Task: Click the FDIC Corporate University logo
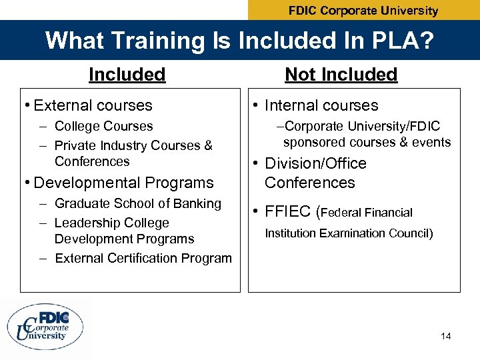click(x=46, y=327)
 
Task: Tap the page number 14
click(x=445, y=336)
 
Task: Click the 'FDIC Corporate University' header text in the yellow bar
click(x=363, y=11)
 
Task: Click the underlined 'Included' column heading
click(x=127, y=75)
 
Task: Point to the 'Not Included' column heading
click(x=341, y=75)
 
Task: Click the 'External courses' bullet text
click(x=93, y=105)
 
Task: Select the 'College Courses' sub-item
click(x=103, y=126)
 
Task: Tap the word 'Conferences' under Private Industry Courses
click(x=92, y=161)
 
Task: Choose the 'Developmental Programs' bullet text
click(x=123, y=183)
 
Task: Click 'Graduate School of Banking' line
click(x=137, y=203)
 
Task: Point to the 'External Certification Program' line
click(x=143, y=258)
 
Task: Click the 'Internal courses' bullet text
click(x=321, y=105)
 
